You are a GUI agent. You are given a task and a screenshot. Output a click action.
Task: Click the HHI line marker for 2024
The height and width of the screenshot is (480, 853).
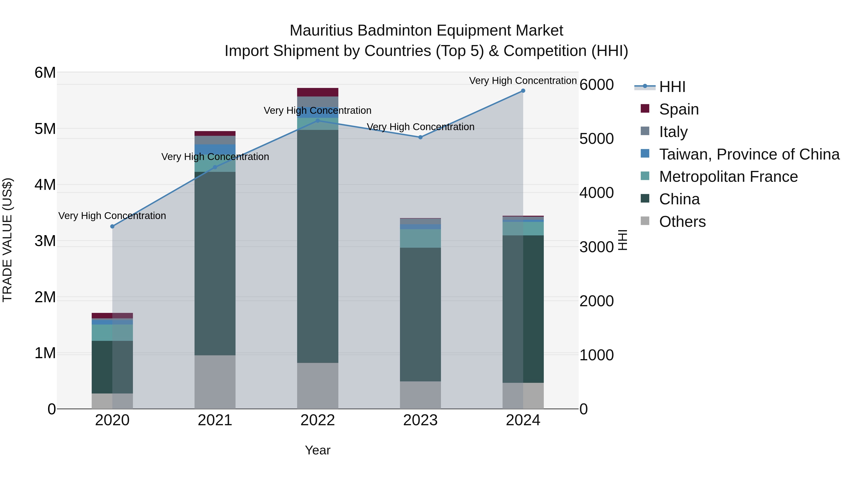523,91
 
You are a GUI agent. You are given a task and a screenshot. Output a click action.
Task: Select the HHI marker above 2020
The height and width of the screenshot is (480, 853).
112,226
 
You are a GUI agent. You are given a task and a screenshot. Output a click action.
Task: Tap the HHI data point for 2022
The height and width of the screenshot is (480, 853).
318,121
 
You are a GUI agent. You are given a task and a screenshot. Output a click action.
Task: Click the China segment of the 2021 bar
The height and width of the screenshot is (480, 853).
215,263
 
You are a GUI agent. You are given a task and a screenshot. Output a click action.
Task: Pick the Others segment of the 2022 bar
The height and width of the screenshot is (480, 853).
318,386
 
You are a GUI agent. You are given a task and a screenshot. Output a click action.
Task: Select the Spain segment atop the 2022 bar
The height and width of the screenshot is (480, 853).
318,92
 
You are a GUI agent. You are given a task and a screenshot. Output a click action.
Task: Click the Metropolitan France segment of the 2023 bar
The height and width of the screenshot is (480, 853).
420,238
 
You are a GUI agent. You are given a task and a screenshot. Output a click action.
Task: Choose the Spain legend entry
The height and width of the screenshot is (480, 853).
679,109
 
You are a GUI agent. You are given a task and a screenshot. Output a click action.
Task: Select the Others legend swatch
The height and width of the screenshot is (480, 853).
645,221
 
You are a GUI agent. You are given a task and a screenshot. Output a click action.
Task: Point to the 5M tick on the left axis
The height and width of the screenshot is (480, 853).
45,129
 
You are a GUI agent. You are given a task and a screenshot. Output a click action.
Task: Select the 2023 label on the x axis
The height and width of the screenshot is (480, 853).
420,420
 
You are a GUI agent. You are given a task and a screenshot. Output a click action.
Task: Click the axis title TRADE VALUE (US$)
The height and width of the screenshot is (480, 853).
7,240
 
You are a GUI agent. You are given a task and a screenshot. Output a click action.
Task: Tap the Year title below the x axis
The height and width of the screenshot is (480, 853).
318,450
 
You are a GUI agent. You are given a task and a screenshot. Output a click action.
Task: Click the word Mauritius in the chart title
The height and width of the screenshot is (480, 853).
321,31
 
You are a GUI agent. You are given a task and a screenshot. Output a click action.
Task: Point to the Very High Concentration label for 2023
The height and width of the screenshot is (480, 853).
420,127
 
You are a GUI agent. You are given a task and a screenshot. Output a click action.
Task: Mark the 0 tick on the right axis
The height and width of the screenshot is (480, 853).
584,409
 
